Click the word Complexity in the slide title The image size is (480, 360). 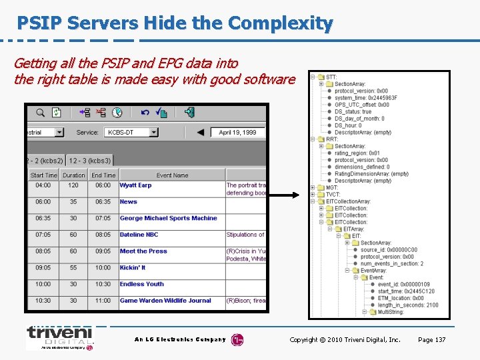tap(280, 24)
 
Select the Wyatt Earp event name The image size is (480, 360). tap(135, 185)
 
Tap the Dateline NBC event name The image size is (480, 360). tap(139, 235)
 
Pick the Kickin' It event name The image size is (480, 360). tap(133, 267)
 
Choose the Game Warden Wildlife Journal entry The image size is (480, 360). tap(165, 301)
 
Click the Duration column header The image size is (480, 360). tap(73, 175)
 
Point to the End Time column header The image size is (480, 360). tap(103, 175)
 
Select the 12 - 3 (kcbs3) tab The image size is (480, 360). tap(90, 161)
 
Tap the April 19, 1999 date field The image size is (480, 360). tap(237, 132)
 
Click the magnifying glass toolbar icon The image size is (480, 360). tap(41, 113)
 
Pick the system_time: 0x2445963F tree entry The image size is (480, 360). tap(365, 98)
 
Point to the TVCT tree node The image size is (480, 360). tap(333, 195)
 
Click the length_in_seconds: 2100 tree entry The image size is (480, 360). tap(407, 305)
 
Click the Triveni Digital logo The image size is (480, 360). tap(59, 337)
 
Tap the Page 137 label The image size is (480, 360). tap(431, 340)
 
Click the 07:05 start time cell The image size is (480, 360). tap(43, 235)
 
